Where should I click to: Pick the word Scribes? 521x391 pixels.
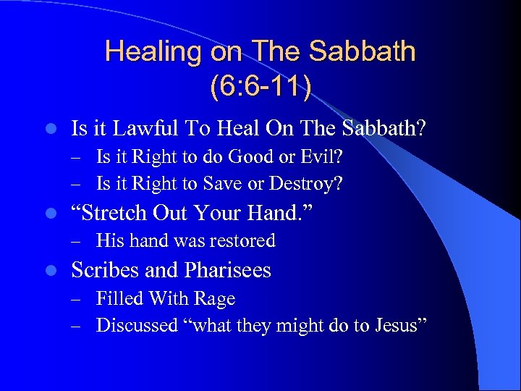tap(105, 270)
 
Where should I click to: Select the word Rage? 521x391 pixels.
tap(216, 298)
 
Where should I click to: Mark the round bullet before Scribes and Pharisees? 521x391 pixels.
tap(48, 271)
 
